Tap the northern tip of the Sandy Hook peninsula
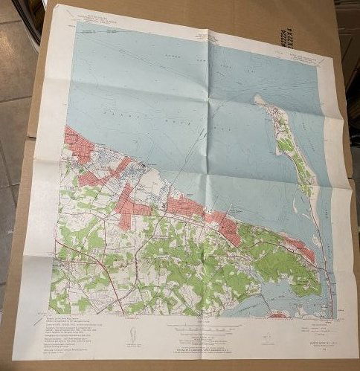(257, 97)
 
